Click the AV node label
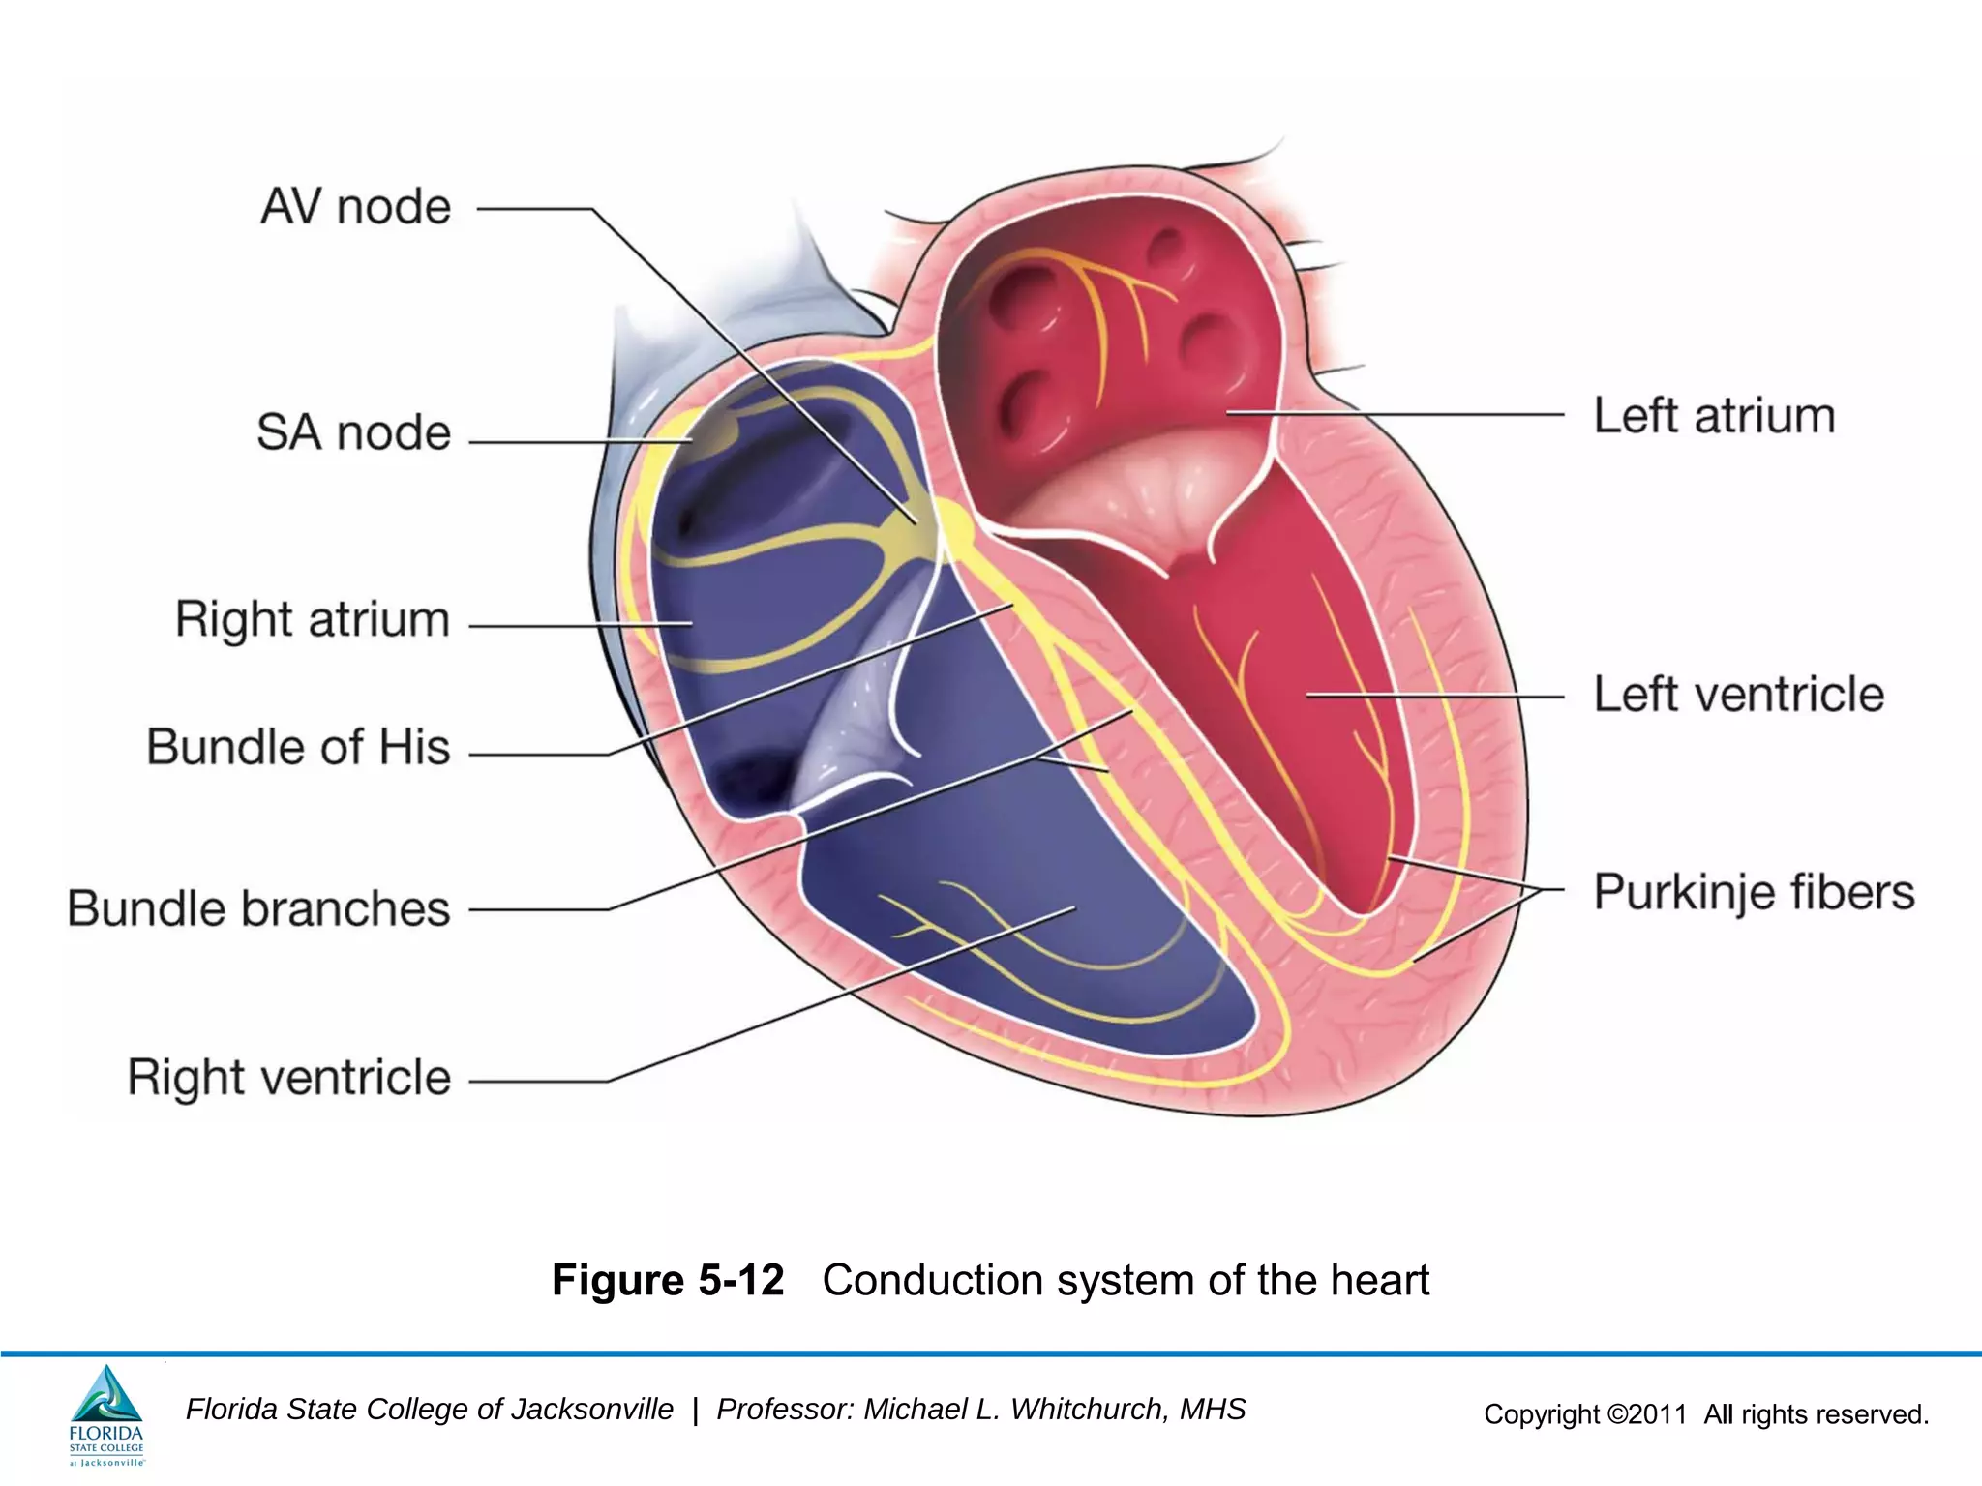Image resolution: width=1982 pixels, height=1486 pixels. point(356,207)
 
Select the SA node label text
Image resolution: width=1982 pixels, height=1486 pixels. point(354,432)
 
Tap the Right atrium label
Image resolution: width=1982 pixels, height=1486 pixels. point(313,619)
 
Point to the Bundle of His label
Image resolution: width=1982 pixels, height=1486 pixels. point(298,747)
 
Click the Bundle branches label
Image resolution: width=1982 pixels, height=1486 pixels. point(258,908)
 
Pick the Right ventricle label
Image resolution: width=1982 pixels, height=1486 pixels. point(289,1078)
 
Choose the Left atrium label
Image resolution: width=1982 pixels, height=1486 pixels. point(1714,416)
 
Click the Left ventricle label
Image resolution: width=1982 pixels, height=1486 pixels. point(1739,695)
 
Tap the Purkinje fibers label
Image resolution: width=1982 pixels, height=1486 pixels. point(1754,892)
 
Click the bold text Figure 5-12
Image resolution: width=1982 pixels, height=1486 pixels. point(668,1280)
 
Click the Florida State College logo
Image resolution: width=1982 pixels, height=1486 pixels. point(106,1414)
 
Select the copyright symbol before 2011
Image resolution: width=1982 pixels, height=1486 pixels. point(1616,1414)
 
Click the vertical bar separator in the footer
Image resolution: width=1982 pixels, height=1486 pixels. point(695,1411)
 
